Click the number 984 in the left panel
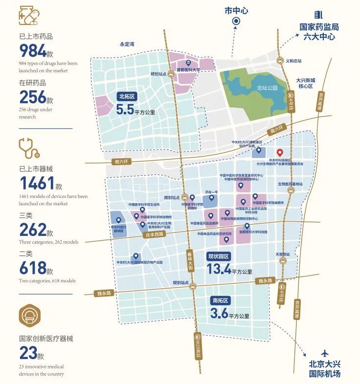point(32,50)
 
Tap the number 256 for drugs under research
point(32,97)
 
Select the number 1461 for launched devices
point(37,183)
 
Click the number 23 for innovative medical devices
point(28,353)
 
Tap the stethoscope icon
point(29,148)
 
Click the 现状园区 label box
point(219,256)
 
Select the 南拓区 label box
point(221,300)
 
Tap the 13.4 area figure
point(219,269)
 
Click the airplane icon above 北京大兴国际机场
point(324,353)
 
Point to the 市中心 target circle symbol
point(236,21)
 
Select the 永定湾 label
point(127,44)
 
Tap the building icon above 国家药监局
point(319,15)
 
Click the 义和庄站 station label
point(293,61)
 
